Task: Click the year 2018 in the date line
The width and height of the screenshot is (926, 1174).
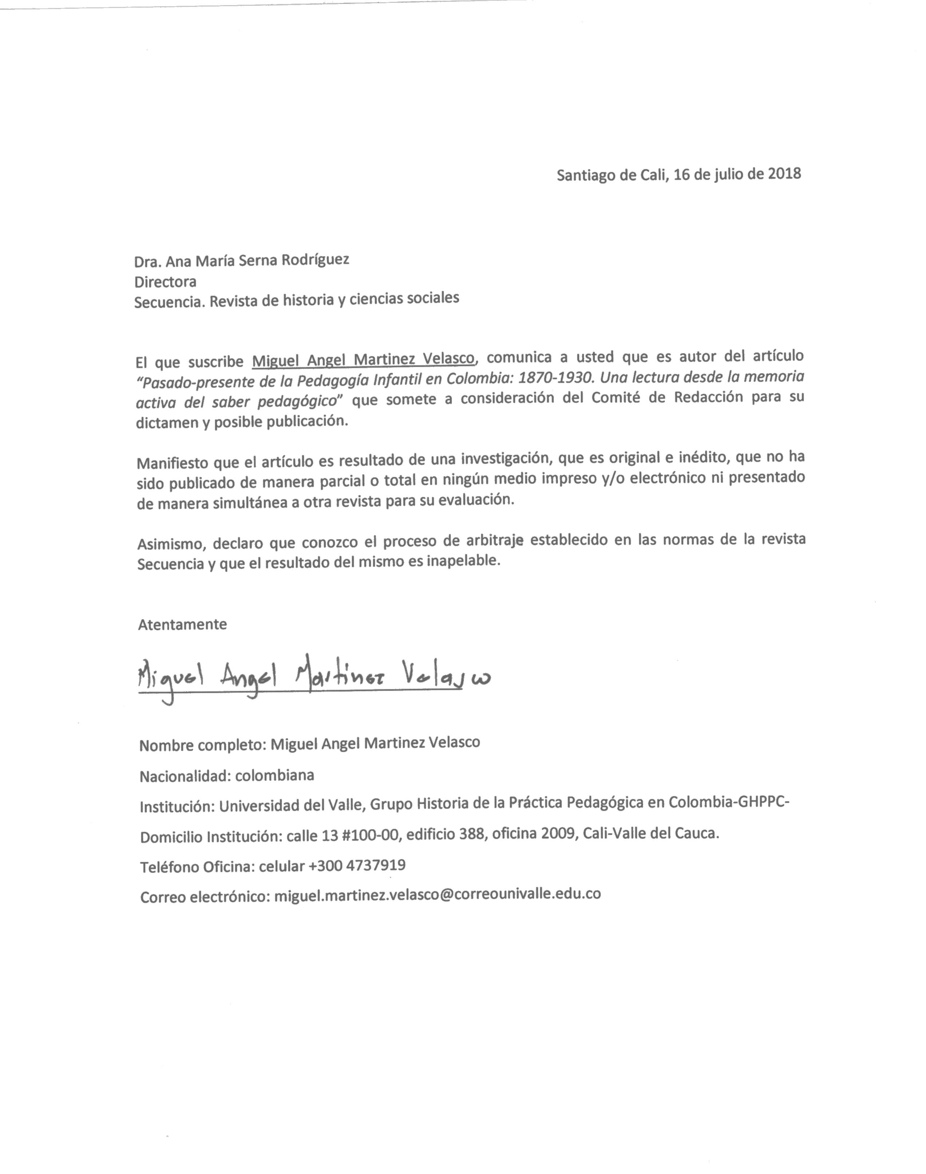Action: coord(784,174)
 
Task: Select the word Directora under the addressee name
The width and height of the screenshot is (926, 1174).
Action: coord(165,282)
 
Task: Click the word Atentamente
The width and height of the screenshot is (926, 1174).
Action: coord(182,624)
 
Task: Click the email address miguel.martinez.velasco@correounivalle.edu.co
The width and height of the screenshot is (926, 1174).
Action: coord(438,894)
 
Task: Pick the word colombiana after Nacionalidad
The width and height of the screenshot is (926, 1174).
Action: coord(274,776)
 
